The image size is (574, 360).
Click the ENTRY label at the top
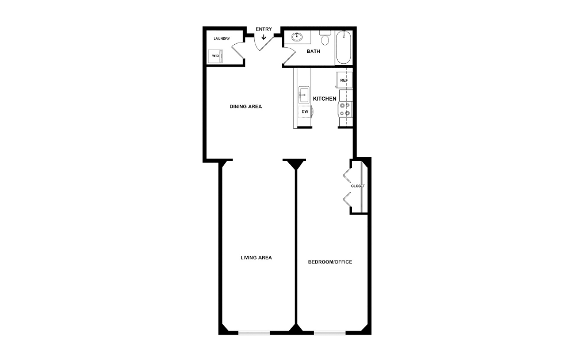264,29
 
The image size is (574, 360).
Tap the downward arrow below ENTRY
264,38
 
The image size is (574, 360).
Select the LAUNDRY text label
221,39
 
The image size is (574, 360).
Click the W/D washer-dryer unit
215,56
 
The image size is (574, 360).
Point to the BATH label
313,51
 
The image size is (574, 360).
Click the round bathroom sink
298,37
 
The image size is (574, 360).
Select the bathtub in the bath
343,48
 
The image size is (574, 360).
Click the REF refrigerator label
344,80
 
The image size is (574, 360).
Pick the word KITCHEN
324,99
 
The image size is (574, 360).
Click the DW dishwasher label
305,112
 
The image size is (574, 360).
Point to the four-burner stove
345,109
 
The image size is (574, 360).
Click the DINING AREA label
246,106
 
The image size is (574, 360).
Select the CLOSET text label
358,186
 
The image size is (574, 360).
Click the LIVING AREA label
256,258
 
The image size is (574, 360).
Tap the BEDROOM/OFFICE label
330,262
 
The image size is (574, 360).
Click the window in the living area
254,332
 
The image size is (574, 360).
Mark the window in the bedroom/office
330,332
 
